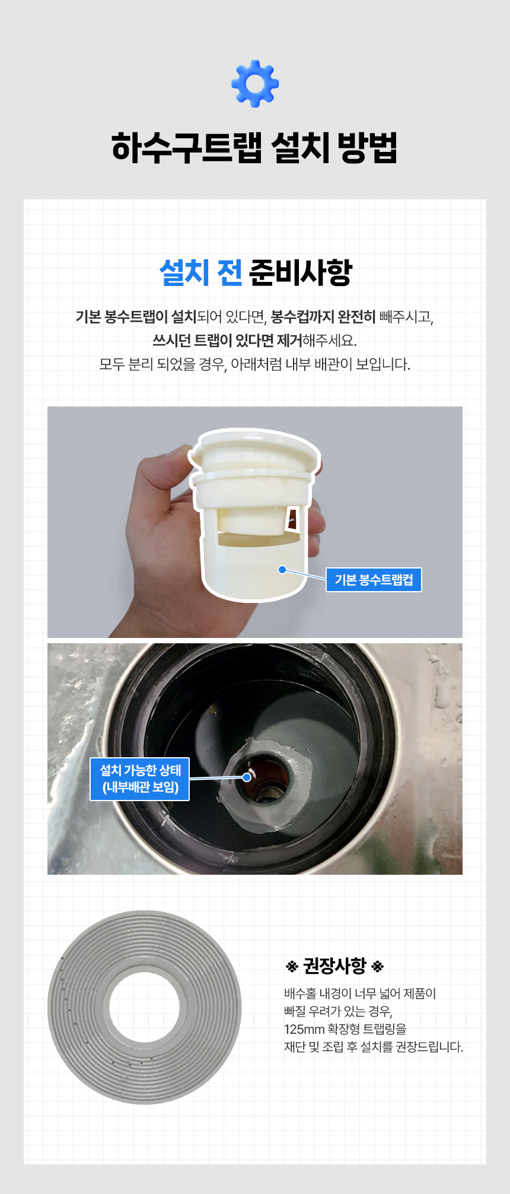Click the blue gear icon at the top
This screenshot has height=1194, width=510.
255,84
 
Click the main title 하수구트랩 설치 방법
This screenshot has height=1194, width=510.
254,148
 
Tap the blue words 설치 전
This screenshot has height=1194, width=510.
200,272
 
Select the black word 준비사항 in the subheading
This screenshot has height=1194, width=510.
301,272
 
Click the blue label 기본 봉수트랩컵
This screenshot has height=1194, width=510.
374,580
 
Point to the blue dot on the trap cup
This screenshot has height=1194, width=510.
282,570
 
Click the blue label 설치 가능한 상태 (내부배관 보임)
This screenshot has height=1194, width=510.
140,779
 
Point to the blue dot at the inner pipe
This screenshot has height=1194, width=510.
247,777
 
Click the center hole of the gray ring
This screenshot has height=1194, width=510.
144,1007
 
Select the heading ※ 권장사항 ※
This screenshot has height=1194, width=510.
335,966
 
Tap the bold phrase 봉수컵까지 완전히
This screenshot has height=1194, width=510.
323,317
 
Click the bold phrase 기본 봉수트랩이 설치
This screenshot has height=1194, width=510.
136,317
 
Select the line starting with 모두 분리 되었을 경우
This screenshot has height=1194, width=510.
254,364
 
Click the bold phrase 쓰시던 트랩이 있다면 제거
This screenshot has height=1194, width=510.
227,341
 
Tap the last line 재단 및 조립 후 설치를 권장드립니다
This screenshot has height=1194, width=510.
374,1047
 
